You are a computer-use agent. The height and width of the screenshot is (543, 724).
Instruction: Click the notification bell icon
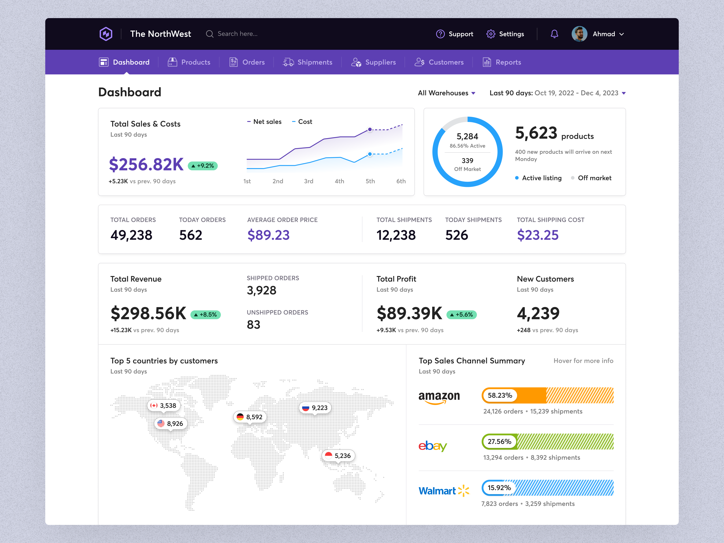pos(554,34)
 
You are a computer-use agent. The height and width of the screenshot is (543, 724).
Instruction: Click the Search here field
pos(237,34)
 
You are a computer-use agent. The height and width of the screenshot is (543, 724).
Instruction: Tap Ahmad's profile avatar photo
pos(579,34)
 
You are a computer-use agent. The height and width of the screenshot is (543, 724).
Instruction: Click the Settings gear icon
pos(491,34)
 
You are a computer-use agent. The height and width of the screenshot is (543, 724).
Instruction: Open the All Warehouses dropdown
pos(446,93)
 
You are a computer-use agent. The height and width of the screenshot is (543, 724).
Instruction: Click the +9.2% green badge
pos(202,166)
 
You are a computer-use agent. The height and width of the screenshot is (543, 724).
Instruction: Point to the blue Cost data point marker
pos(370,154)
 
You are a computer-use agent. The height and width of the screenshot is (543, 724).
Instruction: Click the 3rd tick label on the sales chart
pos(308,181)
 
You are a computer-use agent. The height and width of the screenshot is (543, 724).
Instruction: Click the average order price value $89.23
pos(268,235)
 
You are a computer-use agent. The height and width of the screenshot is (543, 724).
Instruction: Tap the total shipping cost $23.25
pos(537,235)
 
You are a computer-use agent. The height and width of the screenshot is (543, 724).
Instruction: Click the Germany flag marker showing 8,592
pos(250,417)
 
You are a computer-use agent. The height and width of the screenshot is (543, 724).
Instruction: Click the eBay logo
pos(433,446)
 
